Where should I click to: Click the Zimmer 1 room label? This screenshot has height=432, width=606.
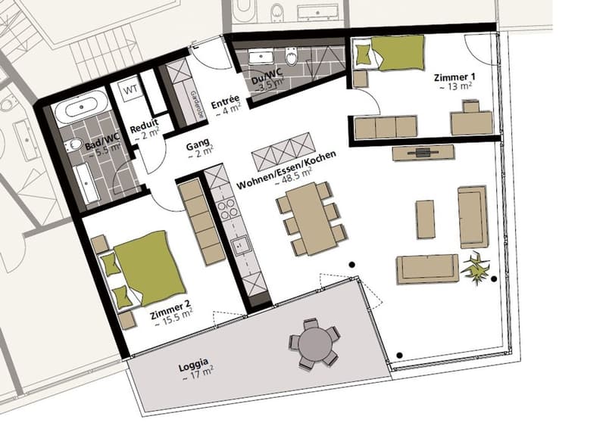point(454,77)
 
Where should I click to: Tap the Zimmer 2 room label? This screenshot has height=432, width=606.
point(170,310)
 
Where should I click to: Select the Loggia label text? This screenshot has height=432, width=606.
point(194,365)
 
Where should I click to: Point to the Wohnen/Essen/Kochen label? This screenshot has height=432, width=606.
point(286,169)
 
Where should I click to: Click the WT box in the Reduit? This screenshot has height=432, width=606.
point(130,90)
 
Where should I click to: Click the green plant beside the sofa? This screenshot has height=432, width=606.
point(475,268)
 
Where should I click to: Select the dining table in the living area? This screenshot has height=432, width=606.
point(311,219)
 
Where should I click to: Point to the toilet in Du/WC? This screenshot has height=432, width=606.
point(291,57)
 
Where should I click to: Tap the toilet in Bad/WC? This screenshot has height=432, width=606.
point(73,145)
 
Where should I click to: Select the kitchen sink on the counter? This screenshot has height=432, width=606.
point(240,246)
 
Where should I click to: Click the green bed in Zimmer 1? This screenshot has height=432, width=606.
point(390,53)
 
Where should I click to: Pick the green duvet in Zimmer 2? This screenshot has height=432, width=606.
point(149,268)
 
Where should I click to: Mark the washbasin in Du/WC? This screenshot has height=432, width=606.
point(261,58)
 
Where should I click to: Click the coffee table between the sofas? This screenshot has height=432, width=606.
point(425,219)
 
